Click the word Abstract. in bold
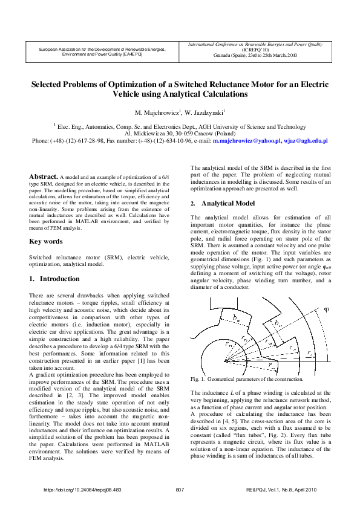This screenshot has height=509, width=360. pyautogui.click(x=44, y=160)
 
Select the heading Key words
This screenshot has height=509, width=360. pyautogui.click(x=46, y=242)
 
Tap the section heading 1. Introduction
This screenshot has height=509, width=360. pyautogui.click(x=54, y=279)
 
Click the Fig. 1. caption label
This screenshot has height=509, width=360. pyautogui.click(x=198, y=379)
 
